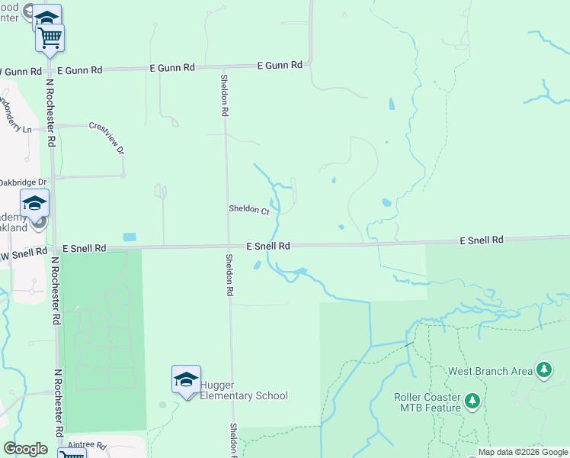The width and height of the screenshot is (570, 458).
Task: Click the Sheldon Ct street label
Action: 249,209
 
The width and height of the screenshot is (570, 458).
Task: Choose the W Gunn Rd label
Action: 19,72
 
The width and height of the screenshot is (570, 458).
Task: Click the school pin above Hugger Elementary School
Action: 186,379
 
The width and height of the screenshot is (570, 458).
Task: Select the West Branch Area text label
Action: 490,372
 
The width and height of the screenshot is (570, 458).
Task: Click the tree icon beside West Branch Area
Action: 543,371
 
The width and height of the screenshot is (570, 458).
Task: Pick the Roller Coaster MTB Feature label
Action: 427,402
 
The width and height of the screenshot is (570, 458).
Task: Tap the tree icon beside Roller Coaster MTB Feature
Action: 472,401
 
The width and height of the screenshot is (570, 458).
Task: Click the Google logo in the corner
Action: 25,449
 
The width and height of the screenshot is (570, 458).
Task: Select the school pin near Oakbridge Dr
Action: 34,203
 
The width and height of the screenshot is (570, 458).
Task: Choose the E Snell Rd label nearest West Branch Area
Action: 482,240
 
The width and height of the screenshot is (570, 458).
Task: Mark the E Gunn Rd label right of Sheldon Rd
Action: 280,66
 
